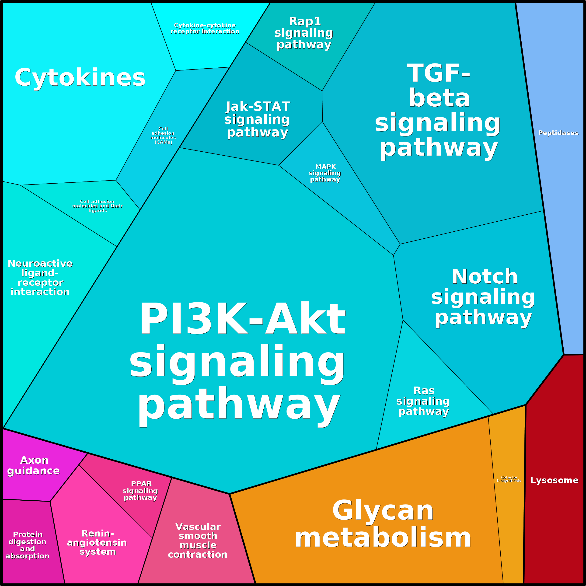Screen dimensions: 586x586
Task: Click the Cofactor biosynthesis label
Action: pos(509,479)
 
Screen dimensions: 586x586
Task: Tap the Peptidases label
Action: pos(558,133)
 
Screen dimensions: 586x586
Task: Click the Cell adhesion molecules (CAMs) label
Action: pos(163,135)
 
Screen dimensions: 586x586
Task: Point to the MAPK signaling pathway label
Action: pos(325,173)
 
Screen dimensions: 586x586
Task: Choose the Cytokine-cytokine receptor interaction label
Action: pos(205,28)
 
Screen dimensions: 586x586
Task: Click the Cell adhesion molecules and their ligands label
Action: pos(97,206)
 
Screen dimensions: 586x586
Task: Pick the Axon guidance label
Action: pos(33,466)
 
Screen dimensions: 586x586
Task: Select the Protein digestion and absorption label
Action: pos(27,545)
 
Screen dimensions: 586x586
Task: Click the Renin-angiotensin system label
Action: pos(97,542)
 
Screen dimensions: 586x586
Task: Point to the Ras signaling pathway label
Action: pos(423,401)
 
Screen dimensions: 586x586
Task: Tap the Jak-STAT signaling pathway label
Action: pos(257,119)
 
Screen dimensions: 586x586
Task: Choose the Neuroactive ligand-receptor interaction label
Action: pos(40,278)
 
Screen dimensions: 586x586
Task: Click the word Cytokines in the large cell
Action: pos(80,78)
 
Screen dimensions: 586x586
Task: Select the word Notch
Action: pos(485,277)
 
